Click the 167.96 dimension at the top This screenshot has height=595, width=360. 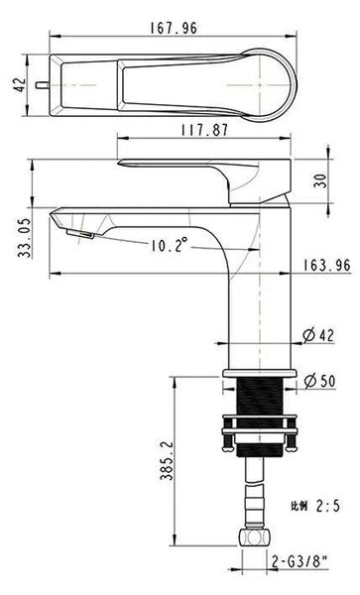pyautogui.click(x=174, y=28)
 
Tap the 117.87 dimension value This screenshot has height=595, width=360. pyautogui.click(x=205, y=130)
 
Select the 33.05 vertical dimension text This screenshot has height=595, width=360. pyautogui.click(x=24, y=238)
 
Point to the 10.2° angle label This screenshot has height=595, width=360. pyautogui.click(x=170, y=245)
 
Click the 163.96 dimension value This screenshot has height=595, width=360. pyautogui.click(x=327, y=265)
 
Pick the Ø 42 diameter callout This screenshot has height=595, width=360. pyautogui.click(x=319, y=335)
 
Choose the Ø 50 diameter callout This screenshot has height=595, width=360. pyautogui.click(x=320, y=381)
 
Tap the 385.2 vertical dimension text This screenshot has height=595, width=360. pyautogui.click(x=167, y=461)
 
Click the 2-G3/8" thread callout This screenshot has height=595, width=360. pyautogui.click(x=300, y=561)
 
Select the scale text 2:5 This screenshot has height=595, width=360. pyautogui.click(x=327, y=506)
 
